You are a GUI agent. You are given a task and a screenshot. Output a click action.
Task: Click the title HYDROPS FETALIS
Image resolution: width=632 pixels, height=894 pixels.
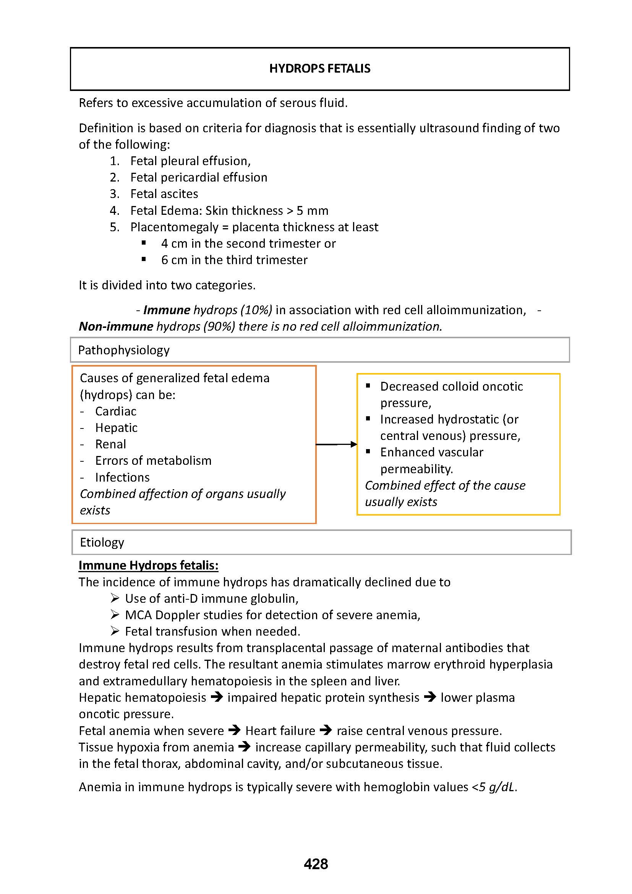(x=319, y=68)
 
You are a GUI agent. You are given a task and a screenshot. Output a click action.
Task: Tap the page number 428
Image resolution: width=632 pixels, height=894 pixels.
(x=316, y=864)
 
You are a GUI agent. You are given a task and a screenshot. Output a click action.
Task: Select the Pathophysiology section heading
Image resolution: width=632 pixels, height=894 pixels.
(x=124, y=350)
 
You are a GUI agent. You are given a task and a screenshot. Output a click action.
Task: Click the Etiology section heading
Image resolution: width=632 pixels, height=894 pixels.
(x=102, y=542)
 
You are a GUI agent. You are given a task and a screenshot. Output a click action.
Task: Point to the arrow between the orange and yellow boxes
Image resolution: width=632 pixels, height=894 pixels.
(x=337, y=444)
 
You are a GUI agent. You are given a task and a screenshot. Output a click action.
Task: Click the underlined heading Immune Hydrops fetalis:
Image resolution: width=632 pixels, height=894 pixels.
(x=148, y=565)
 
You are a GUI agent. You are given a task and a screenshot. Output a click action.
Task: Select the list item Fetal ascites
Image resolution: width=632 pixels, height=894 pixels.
(x=164, y=193)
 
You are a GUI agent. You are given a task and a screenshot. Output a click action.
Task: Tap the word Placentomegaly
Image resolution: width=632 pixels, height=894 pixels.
(x=174, y=227)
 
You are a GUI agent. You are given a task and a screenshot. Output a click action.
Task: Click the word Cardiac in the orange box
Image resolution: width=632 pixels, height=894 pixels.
(x=115, y=411)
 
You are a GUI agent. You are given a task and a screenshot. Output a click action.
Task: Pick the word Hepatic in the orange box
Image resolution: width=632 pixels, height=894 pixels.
(x=116, y=428)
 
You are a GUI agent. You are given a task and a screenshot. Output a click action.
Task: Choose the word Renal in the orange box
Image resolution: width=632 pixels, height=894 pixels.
(x=110, y=444)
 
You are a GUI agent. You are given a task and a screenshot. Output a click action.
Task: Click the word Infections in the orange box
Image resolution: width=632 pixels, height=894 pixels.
(x=122, y=477)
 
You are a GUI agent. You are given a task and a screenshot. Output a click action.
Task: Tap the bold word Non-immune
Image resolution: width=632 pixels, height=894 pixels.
(x=115, y=326)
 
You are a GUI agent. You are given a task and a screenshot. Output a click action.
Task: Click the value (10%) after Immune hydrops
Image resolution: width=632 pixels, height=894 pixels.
(x=256, y=310)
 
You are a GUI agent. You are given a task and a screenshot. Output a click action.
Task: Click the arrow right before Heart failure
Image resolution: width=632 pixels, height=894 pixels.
(x=235, y=730)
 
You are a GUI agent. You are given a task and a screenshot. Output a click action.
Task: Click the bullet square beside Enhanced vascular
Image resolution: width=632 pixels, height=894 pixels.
(x=368, y=451)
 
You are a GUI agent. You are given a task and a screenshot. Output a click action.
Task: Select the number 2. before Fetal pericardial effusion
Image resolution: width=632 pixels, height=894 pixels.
(x=114, y=177)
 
